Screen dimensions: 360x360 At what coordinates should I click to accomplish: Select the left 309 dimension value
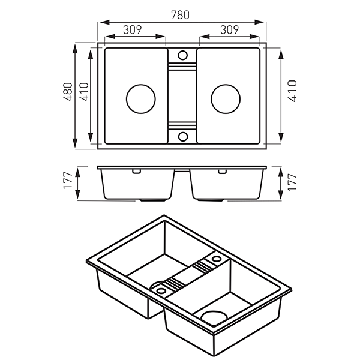coord(136,29)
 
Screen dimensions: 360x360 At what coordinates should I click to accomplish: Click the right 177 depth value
coord(292,182)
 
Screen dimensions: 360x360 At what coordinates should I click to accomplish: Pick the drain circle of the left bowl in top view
coord(141,97)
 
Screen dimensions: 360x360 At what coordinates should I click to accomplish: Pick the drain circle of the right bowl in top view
coord(225,97)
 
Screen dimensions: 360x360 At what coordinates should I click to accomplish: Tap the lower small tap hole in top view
coord(182,137)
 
